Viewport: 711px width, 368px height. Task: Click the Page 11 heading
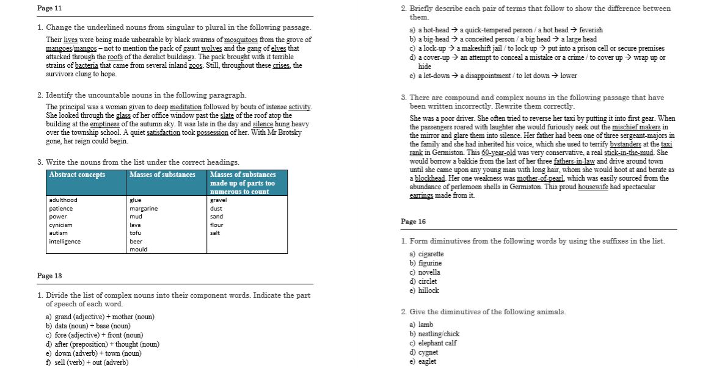click(49, 8)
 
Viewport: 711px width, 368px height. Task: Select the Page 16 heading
click(414, 222)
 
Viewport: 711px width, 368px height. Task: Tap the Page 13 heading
click(49, 276)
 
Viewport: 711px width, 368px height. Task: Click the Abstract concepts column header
click(77, 175)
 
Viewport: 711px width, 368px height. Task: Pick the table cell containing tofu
click(136, 233)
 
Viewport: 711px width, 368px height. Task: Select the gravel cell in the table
click(218, 200)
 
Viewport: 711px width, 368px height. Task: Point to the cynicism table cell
click(60, 225)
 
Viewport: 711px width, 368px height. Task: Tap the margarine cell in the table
click(144, 208)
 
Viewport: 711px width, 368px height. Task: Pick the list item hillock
click(428, 290)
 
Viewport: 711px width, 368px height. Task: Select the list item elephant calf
click(437, 343)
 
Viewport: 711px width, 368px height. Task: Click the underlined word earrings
click(421, 195)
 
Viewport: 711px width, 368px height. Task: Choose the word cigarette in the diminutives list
click(431, 254)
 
